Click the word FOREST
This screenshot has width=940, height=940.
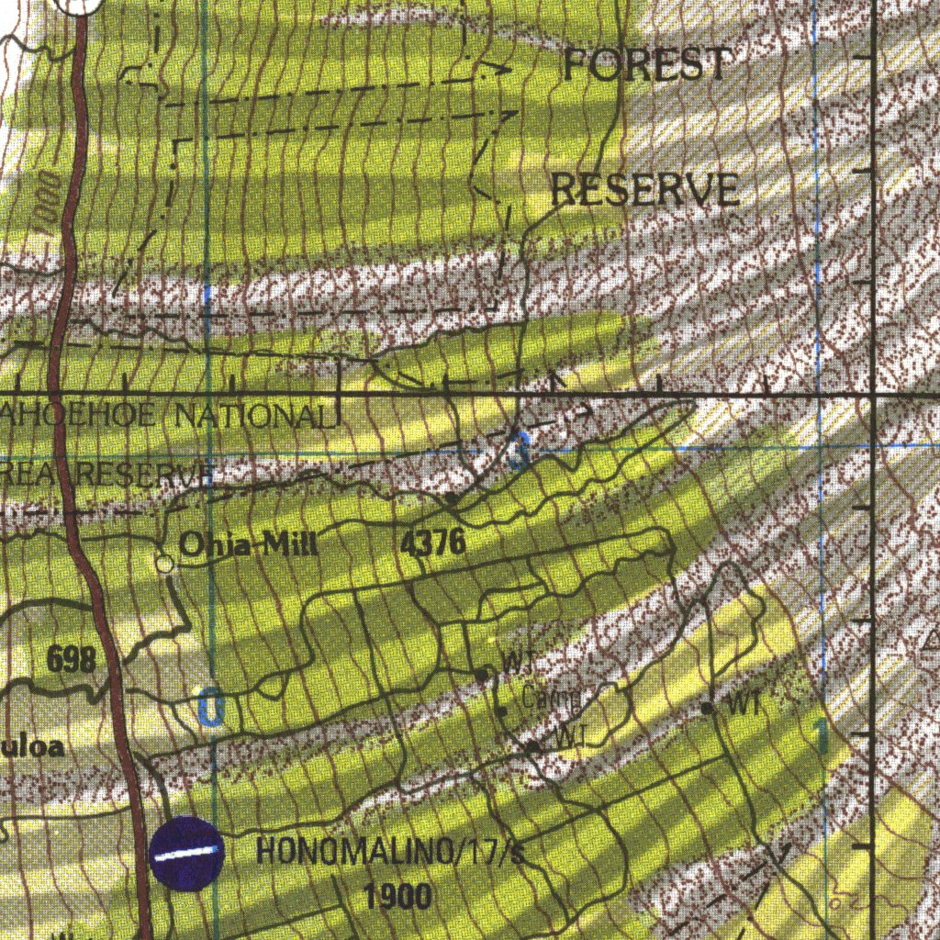[x=647, y=64]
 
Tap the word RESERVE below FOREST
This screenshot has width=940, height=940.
[x=645, y=189]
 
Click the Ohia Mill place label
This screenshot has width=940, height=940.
[x=248, y=545]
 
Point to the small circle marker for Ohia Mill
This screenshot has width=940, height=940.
[x=164, y=564]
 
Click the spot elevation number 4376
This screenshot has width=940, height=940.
[x=433, y=543]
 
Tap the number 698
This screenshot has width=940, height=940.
[x=71, y=658]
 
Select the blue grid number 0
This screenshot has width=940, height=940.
[x=210, y=709]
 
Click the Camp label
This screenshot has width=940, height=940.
[x=551, y=699]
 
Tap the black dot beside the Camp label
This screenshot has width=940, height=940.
[x=502, y=711]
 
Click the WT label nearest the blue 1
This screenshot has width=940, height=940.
[x=742, y=706]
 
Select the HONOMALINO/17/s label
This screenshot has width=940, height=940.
[x=390, y=852]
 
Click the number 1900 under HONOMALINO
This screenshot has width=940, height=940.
[x=397, y=897]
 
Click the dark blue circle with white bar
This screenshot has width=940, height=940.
[x=186, y=854]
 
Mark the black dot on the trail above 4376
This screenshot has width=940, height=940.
[x=452, y=498]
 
